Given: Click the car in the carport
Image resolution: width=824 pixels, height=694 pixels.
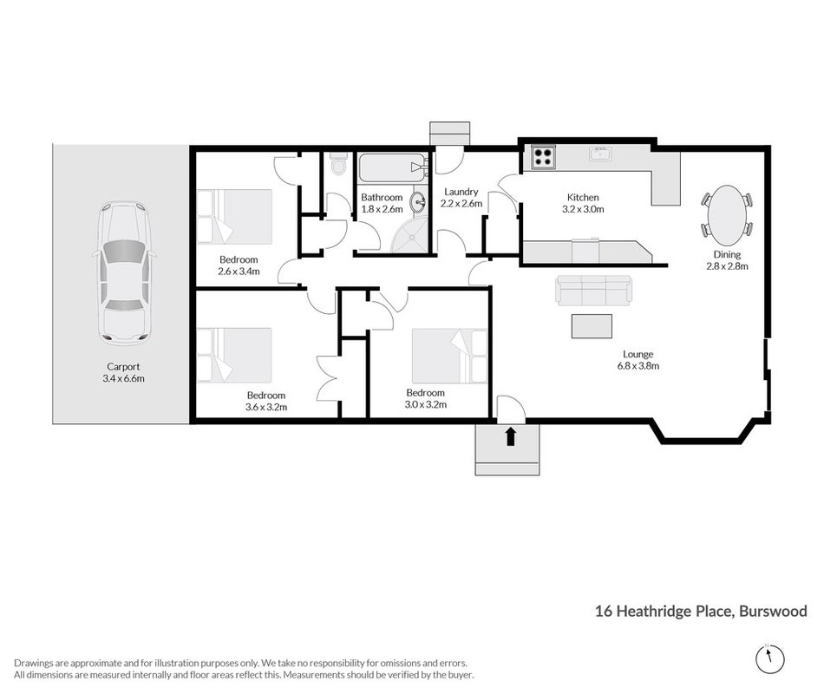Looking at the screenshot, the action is click(124, 273).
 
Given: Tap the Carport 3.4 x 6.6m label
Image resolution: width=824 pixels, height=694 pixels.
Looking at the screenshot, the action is click(123, 372).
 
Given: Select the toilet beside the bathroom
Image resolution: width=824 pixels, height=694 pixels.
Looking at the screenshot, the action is click(339, 163).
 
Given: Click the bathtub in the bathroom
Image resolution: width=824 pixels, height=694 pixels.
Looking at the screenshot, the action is click(392, 167).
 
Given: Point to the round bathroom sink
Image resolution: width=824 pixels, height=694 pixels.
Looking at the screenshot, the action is click(418, 200).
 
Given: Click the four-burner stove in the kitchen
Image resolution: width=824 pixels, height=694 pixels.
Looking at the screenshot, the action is click(543, 157).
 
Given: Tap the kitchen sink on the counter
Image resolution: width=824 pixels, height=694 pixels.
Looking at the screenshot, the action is click(599, 154).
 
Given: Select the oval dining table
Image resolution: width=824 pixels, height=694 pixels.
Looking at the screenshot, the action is click(728, 215).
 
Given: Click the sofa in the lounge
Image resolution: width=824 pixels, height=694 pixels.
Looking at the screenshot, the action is click(594, 291).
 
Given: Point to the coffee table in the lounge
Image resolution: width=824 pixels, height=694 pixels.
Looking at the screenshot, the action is click(592, 326).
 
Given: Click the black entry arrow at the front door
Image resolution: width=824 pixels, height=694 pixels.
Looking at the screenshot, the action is click(510, 437).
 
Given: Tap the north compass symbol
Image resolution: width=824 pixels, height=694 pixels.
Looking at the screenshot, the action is click(770, 658).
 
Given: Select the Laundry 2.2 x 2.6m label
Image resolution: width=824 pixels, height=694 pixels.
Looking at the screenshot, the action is click(461, 198).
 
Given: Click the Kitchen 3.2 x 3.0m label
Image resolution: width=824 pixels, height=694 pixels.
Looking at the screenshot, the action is click(583, 203).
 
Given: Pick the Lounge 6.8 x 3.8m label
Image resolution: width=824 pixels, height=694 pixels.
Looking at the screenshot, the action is click(638, 360).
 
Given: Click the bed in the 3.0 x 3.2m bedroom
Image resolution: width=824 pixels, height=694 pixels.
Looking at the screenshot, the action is click(450, 356).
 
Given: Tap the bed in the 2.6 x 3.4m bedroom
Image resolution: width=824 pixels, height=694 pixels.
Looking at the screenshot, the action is click(234, 217).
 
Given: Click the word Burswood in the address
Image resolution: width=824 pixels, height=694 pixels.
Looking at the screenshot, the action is click(773, 611).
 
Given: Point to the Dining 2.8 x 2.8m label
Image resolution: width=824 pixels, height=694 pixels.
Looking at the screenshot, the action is click(728, 260).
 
